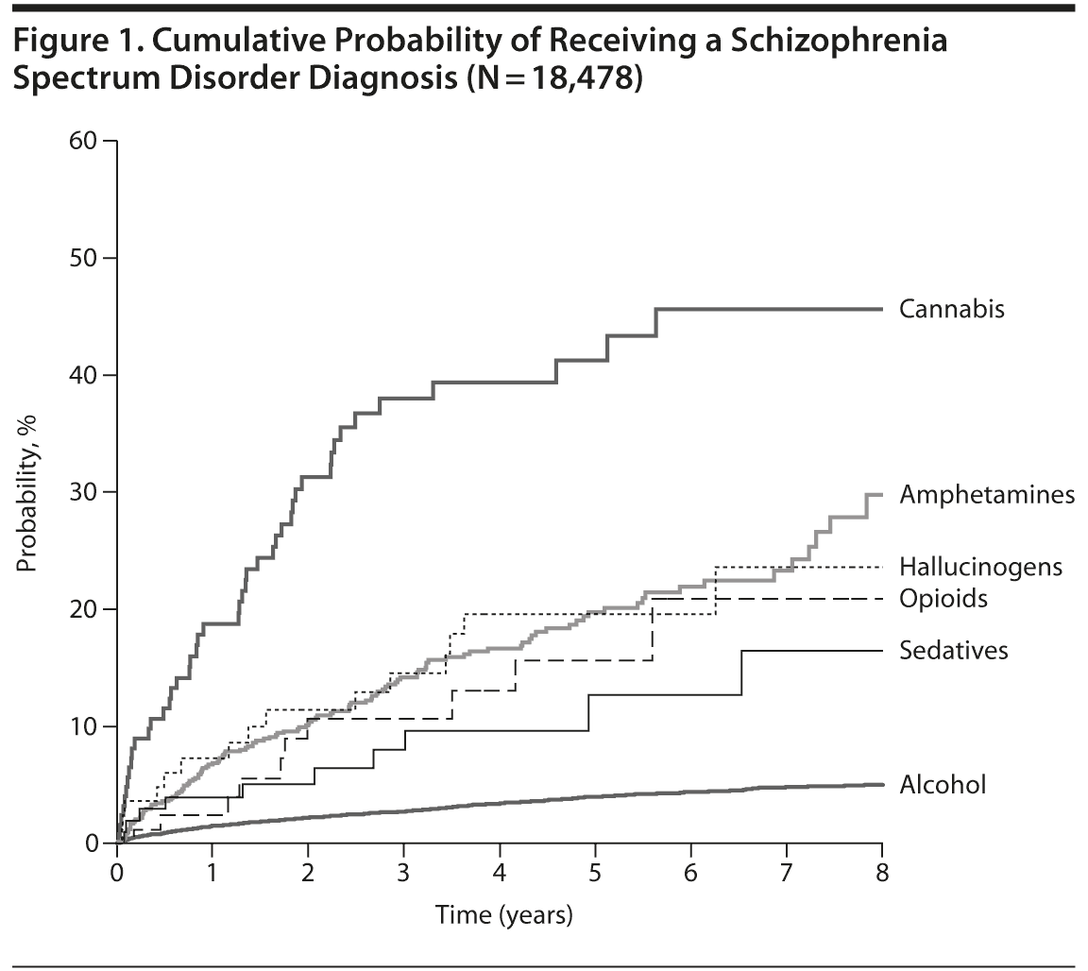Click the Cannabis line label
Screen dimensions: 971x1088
(951, 309)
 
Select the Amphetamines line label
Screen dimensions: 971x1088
(987, 494)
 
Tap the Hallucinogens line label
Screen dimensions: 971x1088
(980, 567)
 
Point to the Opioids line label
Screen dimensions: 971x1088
(943, 599)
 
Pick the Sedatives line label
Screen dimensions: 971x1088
(954, 651)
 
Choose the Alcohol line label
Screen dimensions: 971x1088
(943, 784)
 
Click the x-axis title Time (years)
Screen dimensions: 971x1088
(503, 914)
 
